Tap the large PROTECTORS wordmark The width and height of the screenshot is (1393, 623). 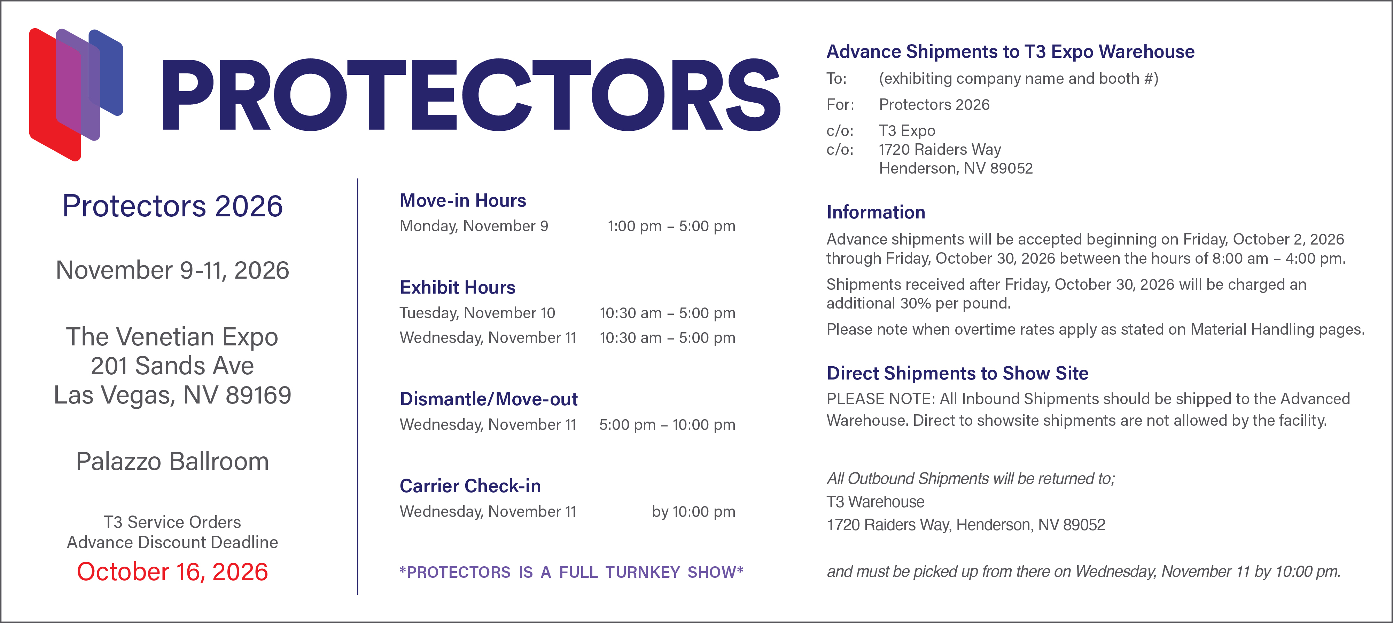click(471, 95)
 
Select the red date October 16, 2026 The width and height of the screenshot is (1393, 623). click(172, 572)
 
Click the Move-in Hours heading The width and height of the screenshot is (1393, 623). click(463, 200)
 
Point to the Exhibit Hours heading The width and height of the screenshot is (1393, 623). click(458, 287)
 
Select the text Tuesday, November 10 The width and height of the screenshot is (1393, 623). click(477, 313)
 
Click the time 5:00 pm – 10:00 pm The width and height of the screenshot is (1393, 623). click(667, 425)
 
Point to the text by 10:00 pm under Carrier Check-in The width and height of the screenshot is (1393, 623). click(693, 512)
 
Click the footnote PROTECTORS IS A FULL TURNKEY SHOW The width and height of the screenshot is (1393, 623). click(571, 572)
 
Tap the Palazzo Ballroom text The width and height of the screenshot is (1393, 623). click(172, 462)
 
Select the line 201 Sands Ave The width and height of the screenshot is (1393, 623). click(172, 366)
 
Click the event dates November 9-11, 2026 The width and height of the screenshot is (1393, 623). click(172, 270)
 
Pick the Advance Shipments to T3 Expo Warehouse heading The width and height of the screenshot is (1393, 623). click(1011, 51)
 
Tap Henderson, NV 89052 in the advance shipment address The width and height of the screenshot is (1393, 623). click(956, 169)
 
